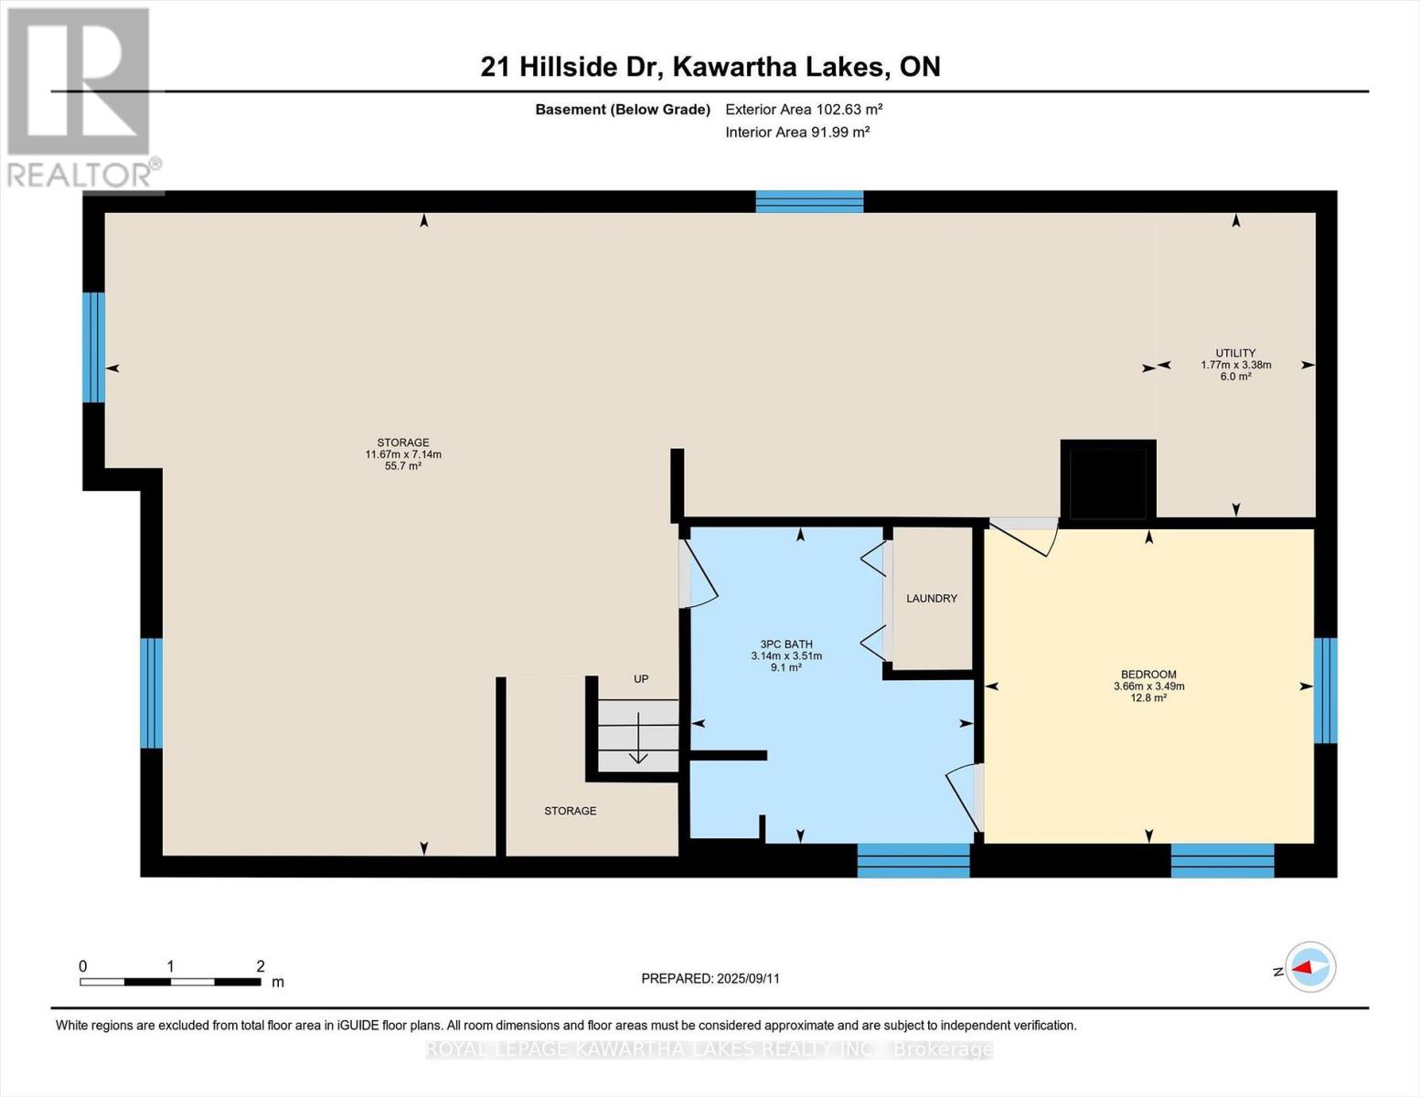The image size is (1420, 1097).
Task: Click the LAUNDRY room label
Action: coord(931,599)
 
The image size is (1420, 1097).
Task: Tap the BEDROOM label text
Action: coord(1148,675)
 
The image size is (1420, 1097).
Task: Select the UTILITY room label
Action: coord(1235,353)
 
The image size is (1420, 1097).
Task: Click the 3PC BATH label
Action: coord(786,644)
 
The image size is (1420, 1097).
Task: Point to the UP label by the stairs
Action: coord(641,679)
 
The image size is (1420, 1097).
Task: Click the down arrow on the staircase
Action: coord(638,738)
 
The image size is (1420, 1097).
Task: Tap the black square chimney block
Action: coord(1108,481)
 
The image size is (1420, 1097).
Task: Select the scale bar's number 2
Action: coord(260,966)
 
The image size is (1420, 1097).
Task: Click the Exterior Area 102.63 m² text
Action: coord(805,109)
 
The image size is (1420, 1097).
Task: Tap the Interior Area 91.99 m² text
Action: coord(797,132)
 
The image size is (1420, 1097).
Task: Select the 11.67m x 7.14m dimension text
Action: coord(403,454)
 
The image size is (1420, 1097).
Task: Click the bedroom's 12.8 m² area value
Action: coord(1148,698)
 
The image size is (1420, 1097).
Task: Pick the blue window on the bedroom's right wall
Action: coord(1325,690)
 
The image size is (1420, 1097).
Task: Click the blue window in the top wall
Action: coord(809,202)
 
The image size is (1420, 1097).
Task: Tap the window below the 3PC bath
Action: coord(913,860)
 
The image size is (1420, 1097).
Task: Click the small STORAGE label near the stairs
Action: coord(571,811)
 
